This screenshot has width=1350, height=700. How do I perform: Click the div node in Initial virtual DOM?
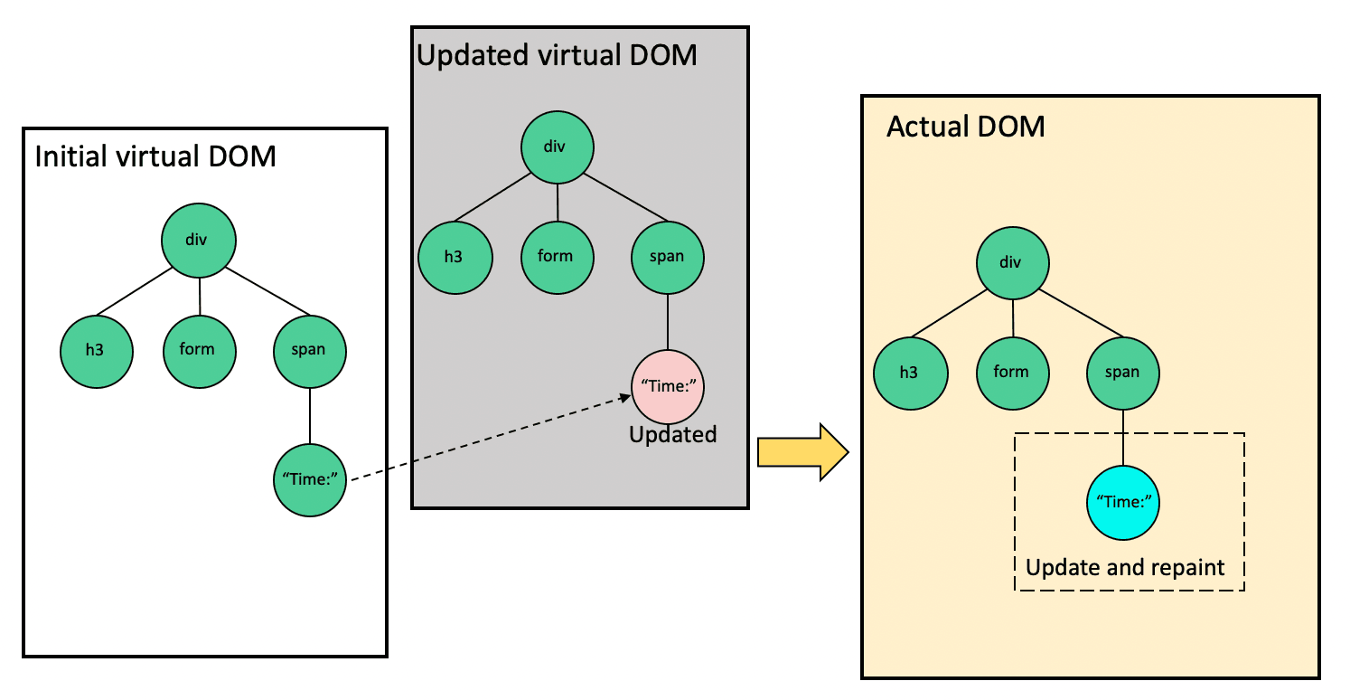pyautogui.click(x=199, y=241)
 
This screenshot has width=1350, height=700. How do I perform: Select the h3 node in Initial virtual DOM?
pyautogui.click(x=97, y=349)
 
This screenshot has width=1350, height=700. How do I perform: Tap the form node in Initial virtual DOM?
pyautogui.click(x=199, y=349)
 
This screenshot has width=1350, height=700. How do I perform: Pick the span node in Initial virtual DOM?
pyautogui.click(x=309, y=350)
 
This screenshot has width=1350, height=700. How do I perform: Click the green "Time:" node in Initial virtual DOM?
pyautogui.click(x=310, y=479)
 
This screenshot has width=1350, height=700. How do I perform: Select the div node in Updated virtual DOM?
pyautogui.click(x=557, y=147)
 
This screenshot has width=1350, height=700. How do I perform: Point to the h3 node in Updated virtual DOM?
pyautogui.click(x=455, y=256)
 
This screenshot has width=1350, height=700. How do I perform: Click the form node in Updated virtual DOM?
pyautogui.click(x=557, y=256)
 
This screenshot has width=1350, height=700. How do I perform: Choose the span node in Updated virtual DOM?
pyautogui.click(x=667, y=256)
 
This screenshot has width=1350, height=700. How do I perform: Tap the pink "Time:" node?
pyautogui.click(x=668, y=386)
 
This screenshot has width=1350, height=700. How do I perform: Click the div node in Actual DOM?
pyautogui.click(x=1012, y=262)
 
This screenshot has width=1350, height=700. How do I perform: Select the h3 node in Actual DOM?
pyautogui.click(x=910, y=372)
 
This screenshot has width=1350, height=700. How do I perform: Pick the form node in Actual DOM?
pyautogui.click(x=1012, y=372)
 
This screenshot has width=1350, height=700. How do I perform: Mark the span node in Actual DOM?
pyautogui.click(x=1122, y=372)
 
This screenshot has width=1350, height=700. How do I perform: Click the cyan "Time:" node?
pyautogui.click(x=1123, y=502)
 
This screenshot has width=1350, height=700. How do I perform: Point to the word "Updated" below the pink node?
pyautogui.click(x=673, y=435)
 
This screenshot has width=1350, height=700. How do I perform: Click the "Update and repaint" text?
pyautogui.click(x=1125, y=568)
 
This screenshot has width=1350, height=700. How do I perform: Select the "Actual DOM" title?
pyautogui.click(x=965, y=127)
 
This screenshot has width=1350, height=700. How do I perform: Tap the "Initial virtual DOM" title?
pyautogui.click(x=155, y=156)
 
